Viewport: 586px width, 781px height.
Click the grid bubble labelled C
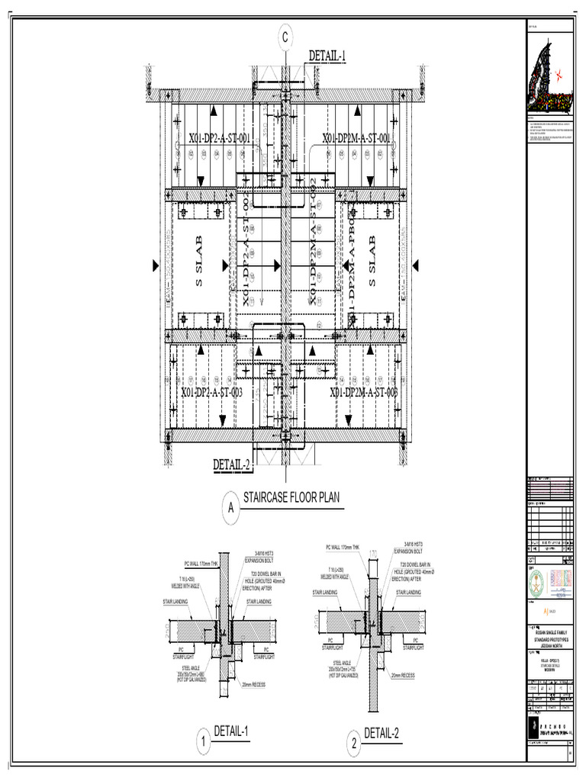click(x=286, y=37)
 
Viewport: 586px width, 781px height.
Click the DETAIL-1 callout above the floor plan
click(x=327, y=55)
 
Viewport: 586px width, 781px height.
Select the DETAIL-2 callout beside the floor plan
click(x=232, y=464)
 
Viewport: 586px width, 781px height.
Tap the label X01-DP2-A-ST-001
click(x=220, y=138)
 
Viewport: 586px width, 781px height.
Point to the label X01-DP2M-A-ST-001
click(x=356, y=138)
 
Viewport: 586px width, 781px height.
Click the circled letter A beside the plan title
click(x=229, y=508)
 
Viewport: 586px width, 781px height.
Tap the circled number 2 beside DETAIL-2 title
click(x=354, y=744)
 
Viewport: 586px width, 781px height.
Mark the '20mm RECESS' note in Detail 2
click(x=404, y=675)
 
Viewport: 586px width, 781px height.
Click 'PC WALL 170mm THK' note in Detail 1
click(x=201, y=564)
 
